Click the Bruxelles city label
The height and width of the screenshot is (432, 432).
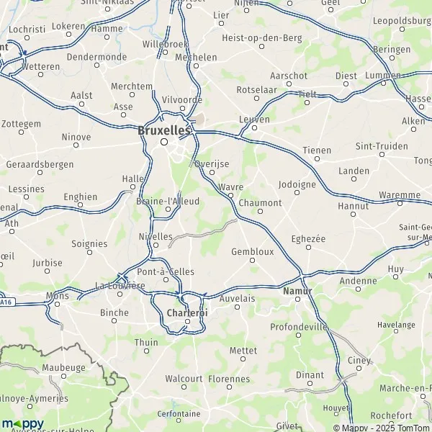coord(163,131)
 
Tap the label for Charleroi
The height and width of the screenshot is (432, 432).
coord(186,313)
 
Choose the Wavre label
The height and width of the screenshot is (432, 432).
coord(230,186)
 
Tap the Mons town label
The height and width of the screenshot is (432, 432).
coord(57,295)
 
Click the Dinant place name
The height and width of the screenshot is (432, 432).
coord(310,374)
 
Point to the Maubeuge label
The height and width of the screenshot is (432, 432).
coord(63,366)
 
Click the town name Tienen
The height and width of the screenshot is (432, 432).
coord(317,150)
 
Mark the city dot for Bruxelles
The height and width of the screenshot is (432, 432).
coord(164,142)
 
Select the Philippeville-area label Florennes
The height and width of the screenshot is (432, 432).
coord(228,378)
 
